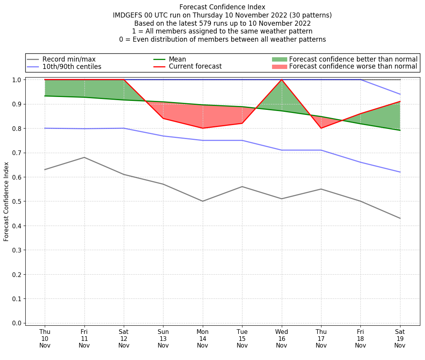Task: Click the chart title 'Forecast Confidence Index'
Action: pyautogui.click(x=222, y=7)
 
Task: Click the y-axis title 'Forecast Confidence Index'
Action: pyautogui.click(x=6, y=201)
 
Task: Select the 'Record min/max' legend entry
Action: pyautogui.click(x=69, y=59)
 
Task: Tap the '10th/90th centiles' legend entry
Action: pyautogui.click(x=72, y=67)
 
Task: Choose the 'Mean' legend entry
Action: pyautogui.click(x=177, y=59)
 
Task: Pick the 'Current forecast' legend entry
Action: pyautogui.click(x=195, y=67)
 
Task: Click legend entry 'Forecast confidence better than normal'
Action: pyautogui.click(x=353, y=59)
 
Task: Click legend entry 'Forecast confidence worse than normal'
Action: pyautogui.click(x=353, y=67)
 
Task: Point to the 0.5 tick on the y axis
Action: pyautogui.click(x=17, y=201)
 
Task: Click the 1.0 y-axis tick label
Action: pyautogui.click(x=17, y=80)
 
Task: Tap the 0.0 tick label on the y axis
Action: pyautogui.click(x=17, y=323)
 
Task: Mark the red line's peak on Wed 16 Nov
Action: pyautogui.click(x=281, y=79)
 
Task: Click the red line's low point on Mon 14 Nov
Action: pyautogui.click(x=202, y=128)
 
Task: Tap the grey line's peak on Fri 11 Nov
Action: pyautogui.click(x=84, y=157)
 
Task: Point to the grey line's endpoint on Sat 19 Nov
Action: pyautogui.click(x=400, y=218)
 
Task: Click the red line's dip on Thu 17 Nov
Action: pyautogui.click(x=321, y=128)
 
